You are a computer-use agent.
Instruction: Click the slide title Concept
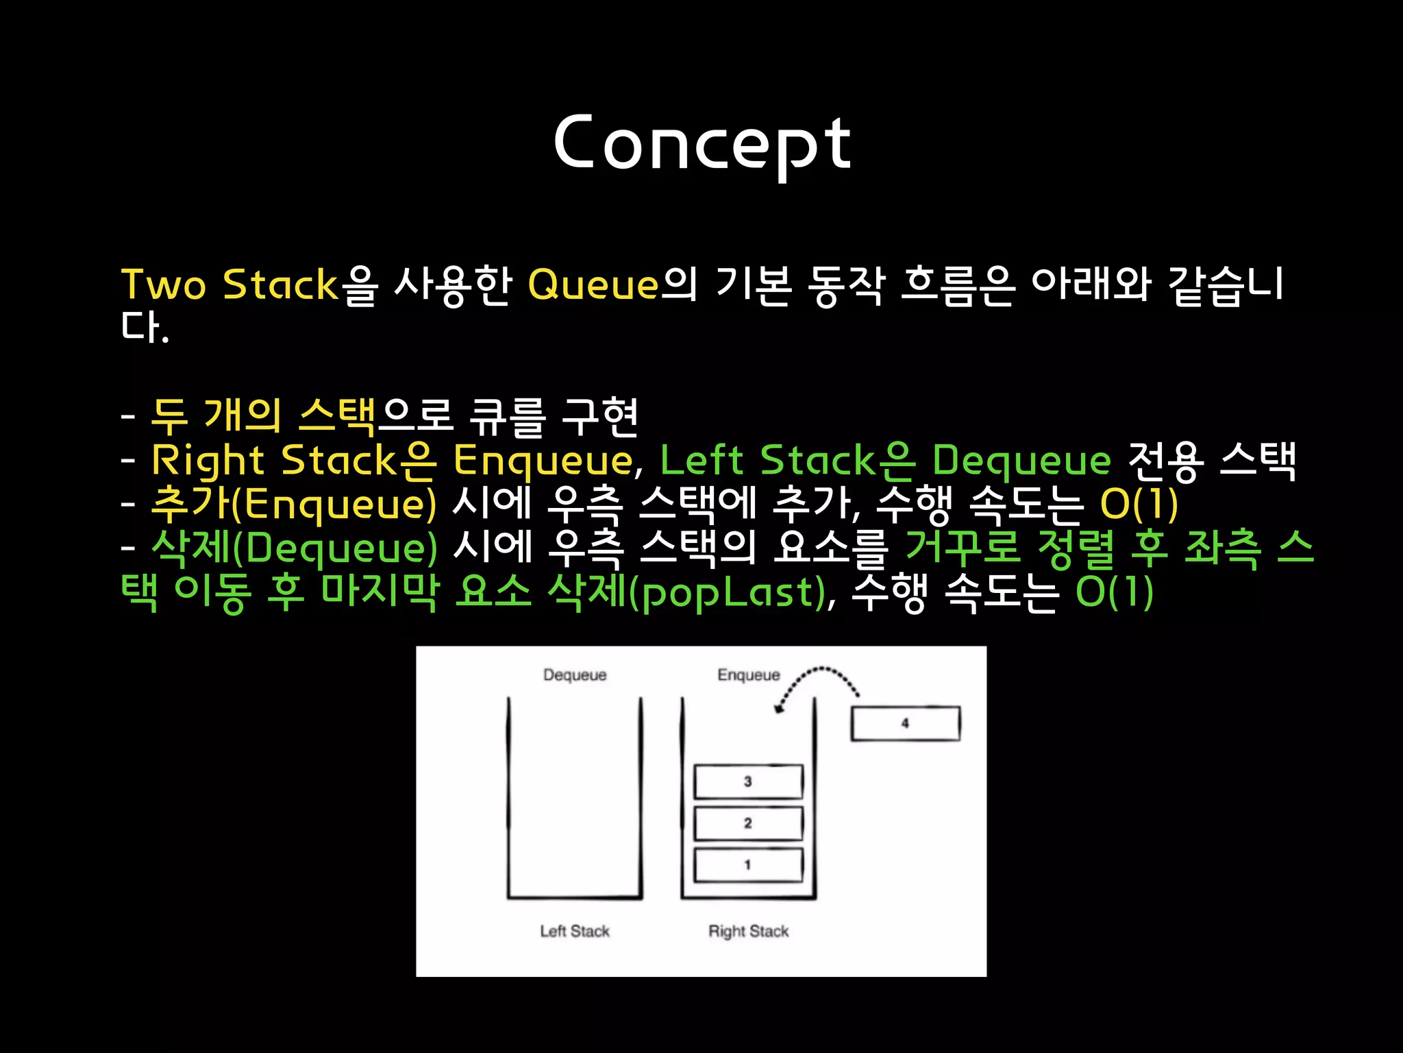click(x=702, y=143)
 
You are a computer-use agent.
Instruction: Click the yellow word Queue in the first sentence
click(x=593, y=285)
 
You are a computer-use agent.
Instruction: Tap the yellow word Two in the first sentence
click(x=163, y=285)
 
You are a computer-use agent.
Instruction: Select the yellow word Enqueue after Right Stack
click(x=543, y=461)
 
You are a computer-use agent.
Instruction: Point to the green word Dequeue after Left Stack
click(x=1021, y=461)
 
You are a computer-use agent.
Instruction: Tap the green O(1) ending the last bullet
click(x=1115, y=592)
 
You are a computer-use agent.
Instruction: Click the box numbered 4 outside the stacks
click(x=905, y=723)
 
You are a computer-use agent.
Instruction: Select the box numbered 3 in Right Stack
click(x=748, y=782)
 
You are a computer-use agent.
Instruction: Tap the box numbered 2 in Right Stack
click(x=748, y=823)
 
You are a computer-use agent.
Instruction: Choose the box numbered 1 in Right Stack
click(x=748, y=865)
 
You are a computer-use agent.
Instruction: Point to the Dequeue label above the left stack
click(x=575, y=675)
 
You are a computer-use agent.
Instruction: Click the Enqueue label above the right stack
click(x=748, y=675)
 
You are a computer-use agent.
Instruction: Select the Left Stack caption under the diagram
click(x=575, y=931)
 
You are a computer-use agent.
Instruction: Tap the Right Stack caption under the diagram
click(x=748, y=931)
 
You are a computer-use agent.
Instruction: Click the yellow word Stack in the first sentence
click(x=280, y=285)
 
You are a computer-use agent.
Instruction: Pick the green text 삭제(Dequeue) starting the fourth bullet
click(x=294, y=548)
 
